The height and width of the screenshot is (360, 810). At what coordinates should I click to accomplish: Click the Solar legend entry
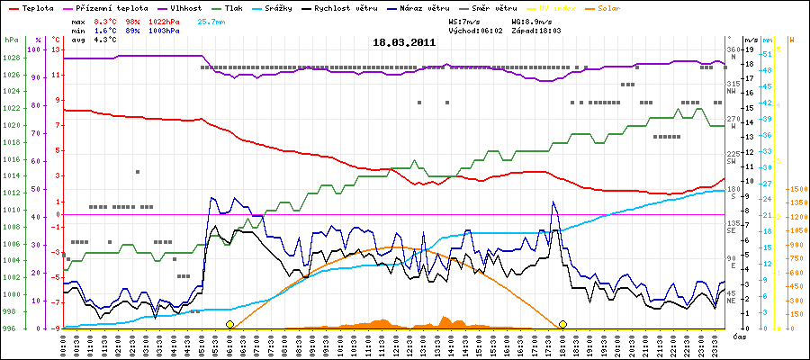656,7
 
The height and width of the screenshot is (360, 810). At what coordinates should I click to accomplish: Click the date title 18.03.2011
404,42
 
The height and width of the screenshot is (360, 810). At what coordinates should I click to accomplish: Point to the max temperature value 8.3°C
105,20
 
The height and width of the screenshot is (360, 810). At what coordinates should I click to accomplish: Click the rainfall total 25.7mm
212,20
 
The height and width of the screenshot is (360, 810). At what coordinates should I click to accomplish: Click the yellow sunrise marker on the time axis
230,324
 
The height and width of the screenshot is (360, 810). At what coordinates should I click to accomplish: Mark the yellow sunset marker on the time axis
562,324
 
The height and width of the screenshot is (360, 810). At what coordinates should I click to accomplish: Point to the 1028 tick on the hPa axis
11,58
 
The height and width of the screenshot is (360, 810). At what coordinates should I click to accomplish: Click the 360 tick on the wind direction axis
733,49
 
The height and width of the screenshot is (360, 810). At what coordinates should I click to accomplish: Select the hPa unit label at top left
11,40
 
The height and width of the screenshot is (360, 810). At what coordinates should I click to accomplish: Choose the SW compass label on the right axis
733,161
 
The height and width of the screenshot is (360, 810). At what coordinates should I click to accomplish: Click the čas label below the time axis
737,337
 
